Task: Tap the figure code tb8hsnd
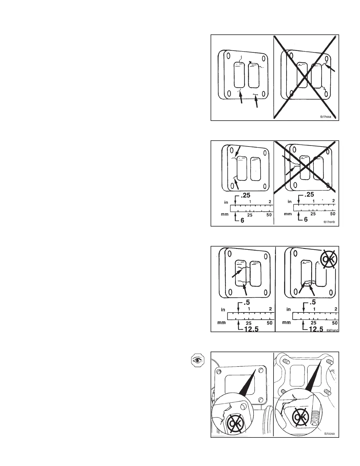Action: [332, 330]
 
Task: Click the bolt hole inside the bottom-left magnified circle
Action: [243, 407]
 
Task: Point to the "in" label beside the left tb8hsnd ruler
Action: [223, 309]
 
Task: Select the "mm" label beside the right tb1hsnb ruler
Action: [288, 214]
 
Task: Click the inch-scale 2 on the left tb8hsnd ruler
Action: [270, 309]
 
